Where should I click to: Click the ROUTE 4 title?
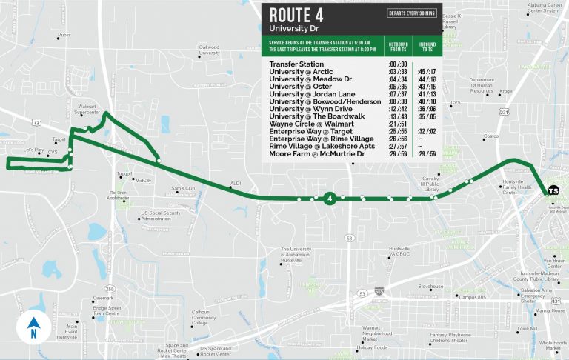(296, 15)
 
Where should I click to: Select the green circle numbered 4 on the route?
(329, 198)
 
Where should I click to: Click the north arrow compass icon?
(33, 327)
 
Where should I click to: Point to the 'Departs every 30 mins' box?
(411, 13)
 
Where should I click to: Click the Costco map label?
(490, 137)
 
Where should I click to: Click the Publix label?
(64, 35)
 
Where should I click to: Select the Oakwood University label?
(210, 50)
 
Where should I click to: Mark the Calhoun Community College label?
(201, 317)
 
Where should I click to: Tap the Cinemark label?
(103, 298)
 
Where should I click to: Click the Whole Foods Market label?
(553, 345)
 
